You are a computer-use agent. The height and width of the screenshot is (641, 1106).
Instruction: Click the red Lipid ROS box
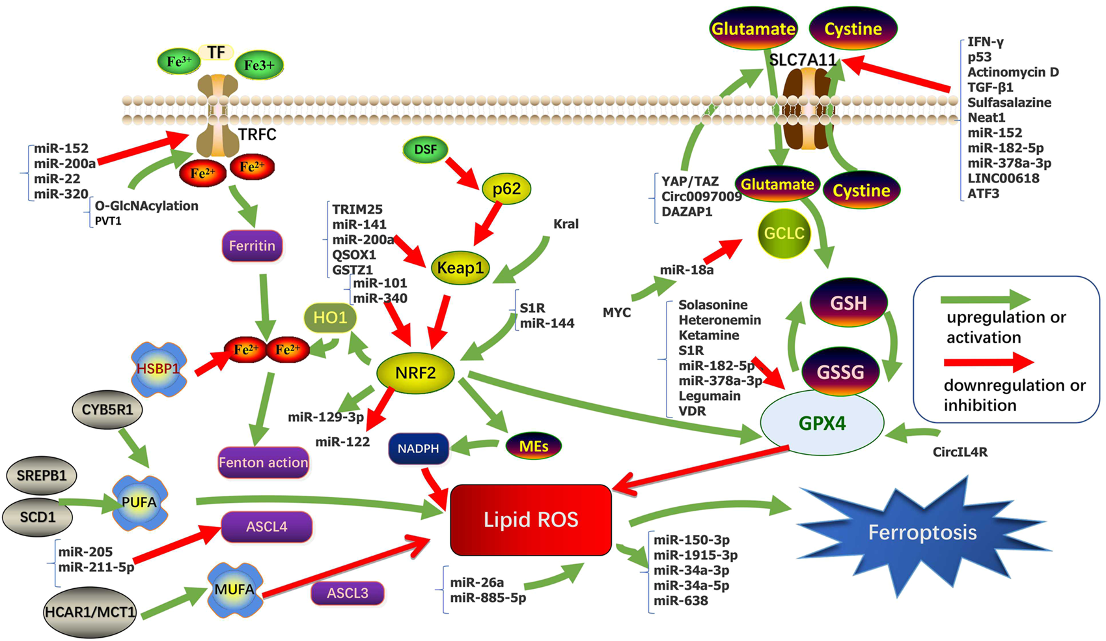point(531,519)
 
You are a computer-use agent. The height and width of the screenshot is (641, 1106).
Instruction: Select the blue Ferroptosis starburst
point(922,532)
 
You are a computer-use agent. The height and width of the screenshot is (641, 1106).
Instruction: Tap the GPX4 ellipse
point(822,423)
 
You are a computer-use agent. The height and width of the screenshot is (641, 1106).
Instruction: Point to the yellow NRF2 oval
point(415,373)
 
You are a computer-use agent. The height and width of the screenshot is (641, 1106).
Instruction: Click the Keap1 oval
point(460,268)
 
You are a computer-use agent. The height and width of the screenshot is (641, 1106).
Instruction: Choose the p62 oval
point(506,189)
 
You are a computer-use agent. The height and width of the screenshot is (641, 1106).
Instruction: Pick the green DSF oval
point(425,149)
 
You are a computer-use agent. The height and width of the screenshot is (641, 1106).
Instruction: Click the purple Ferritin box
point(252,246)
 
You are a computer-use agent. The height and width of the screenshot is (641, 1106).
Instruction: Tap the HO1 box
point(330,318)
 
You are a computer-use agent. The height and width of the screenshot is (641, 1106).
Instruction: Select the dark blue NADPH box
point(419,448)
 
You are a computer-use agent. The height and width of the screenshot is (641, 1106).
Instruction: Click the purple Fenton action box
point(263,463)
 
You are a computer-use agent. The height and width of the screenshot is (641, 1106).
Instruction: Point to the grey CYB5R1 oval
point(107,410)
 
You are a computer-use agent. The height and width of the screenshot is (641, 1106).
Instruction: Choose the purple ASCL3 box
point(348,593)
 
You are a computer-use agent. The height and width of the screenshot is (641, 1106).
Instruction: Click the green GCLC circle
point(784,233)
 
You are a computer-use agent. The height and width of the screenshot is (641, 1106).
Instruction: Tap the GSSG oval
point(841,372)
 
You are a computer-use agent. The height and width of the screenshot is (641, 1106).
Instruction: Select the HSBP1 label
point(158,369)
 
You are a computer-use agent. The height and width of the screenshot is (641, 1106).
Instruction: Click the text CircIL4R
point(960,451)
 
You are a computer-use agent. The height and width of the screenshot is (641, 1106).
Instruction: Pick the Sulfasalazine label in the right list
point(1009,102)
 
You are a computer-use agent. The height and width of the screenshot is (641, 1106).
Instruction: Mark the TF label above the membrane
point(216,52)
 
